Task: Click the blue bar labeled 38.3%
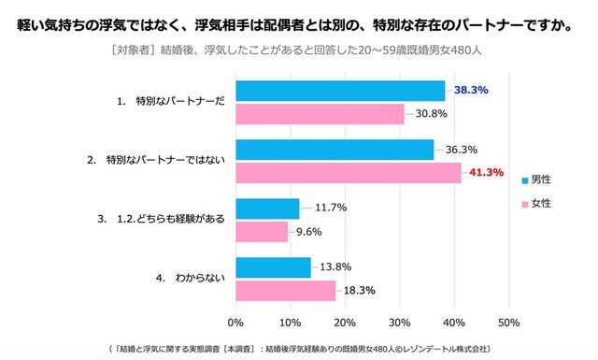(x=340, y=91)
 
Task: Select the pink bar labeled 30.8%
(x=320, y=113)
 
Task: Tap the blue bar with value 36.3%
(x=335, y=150)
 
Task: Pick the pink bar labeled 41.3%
(x=349, y=172)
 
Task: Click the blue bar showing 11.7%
(x=267, y=209)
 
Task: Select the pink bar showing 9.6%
(x=262, y=231)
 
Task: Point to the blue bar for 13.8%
(x=273, y=267)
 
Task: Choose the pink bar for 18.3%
(x=285, y=290)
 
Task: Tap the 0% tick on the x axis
(x=235, y=322)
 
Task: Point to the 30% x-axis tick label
(x=400, y=322)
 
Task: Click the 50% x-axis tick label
(x=509, y=322)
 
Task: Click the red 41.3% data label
(x=486, y=172)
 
